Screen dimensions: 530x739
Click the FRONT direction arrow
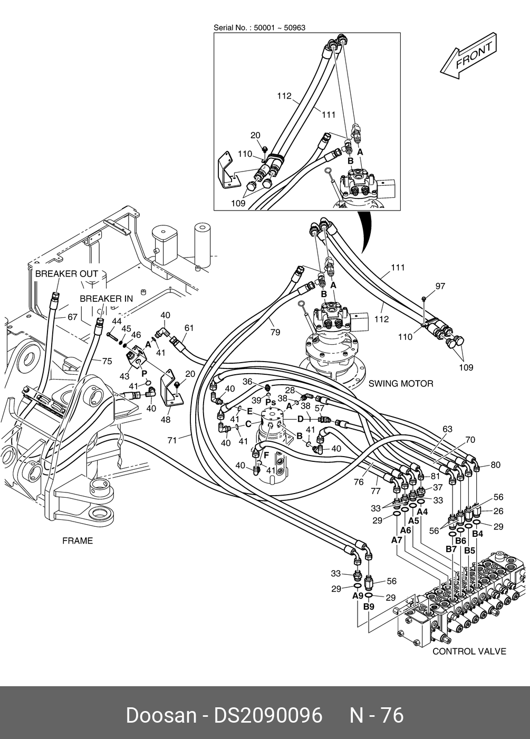[468, 56]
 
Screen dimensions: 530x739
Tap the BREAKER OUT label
[66, 274]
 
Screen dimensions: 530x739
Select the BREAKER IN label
[107, 299]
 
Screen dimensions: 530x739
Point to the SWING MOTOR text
[401, 384]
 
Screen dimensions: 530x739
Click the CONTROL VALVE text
[469, 651]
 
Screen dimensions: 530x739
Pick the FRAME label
[78, 541]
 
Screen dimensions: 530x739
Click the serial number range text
[259, 27]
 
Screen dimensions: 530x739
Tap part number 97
[440, 286]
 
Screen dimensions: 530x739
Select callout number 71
[172, 440]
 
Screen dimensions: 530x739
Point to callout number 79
[275, 332]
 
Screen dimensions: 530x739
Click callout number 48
[166, 419]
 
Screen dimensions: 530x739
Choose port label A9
[358, 595]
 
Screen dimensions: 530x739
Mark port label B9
[369, 607]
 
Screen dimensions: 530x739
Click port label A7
[397, 540]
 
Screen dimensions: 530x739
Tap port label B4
[478, 534]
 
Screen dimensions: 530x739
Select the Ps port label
[271, 402]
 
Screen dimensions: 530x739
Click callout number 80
[495, 465]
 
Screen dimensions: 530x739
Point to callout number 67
[73, 317]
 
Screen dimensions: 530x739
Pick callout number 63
[447, 429]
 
